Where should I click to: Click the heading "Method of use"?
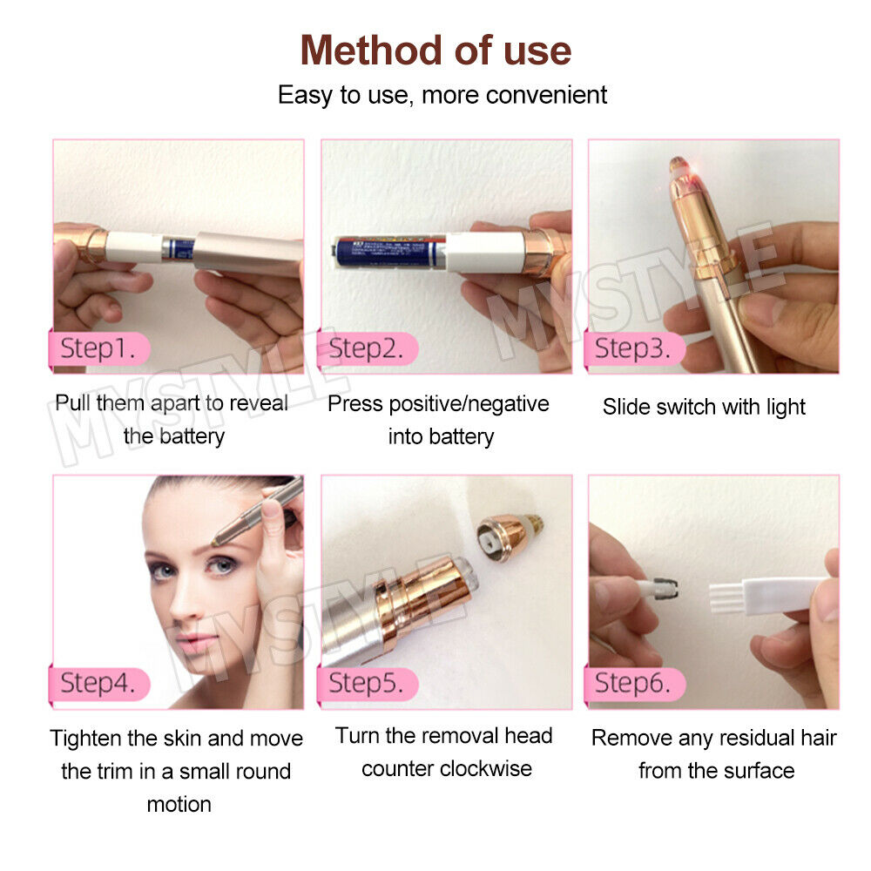tap(435, 51)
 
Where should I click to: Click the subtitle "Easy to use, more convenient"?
tap(442, 95)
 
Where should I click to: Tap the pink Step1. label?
tap(98, 349)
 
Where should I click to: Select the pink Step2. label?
tap(367, 349)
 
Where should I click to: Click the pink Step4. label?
tap(98, 684)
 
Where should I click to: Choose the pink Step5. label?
tap(367, 684)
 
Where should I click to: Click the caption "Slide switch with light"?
tap(704, 407)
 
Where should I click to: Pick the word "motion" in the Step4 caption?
tap(179, 804)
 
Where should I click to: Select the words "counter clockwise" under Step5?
tap(446, 769)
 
